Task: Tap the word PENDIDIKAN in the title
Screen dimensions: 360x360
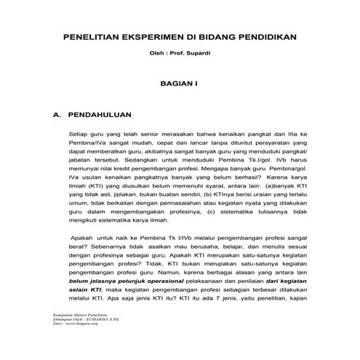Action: coord(268,36)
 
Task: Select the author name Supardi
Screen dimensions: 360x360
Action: coord(199,52)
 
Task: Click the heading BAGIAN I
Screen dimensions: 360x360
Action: coord(179,84)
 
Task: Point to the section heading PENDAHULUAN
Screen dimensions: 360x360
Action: coord(103,115)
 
